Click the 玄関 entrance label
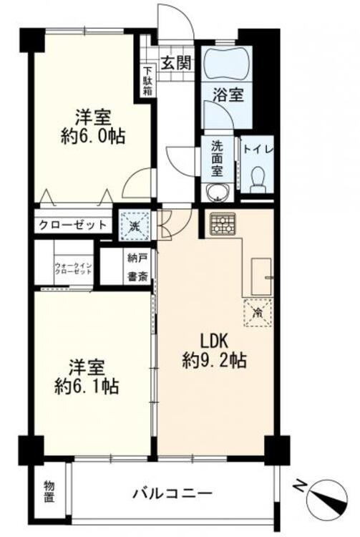click(175, 62)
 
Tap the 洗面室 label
click(217, 158)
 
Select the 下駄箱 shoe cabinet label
click(147, 82)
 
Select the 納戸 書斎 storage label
click(137, 266)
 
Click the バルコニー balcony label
click(172, 493)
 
